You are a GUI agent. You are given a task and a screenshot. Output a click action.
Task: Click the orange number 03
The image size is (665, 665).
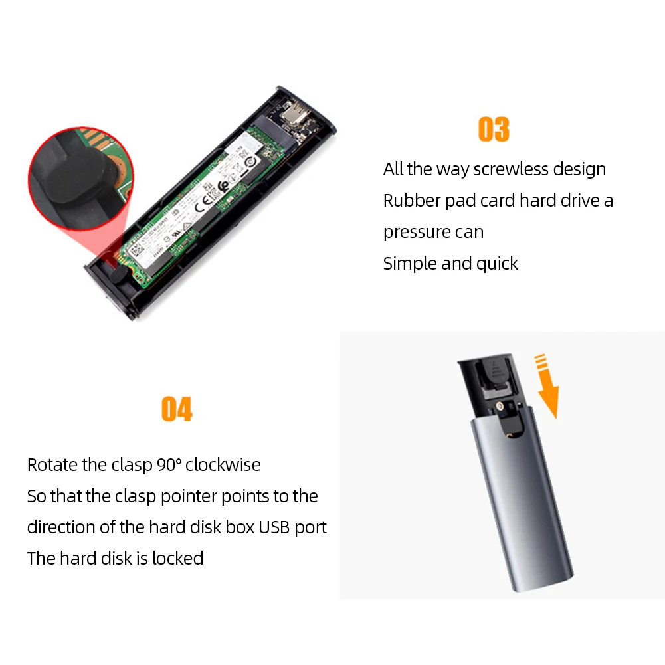pos(494,129)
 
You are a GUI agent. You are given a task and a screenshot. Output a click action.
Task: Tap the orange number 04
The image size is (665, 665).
pos(177,409)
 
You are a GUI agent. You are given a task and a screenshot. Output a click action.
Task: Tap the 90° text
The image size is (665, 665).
pos(169,464)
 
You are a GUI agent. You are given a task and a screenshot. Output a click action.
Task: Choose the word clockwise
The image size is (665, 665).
pos(223,464)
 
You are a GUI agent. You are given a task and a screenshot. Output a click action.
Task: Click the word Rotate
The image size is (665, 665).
pos(52,464)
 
